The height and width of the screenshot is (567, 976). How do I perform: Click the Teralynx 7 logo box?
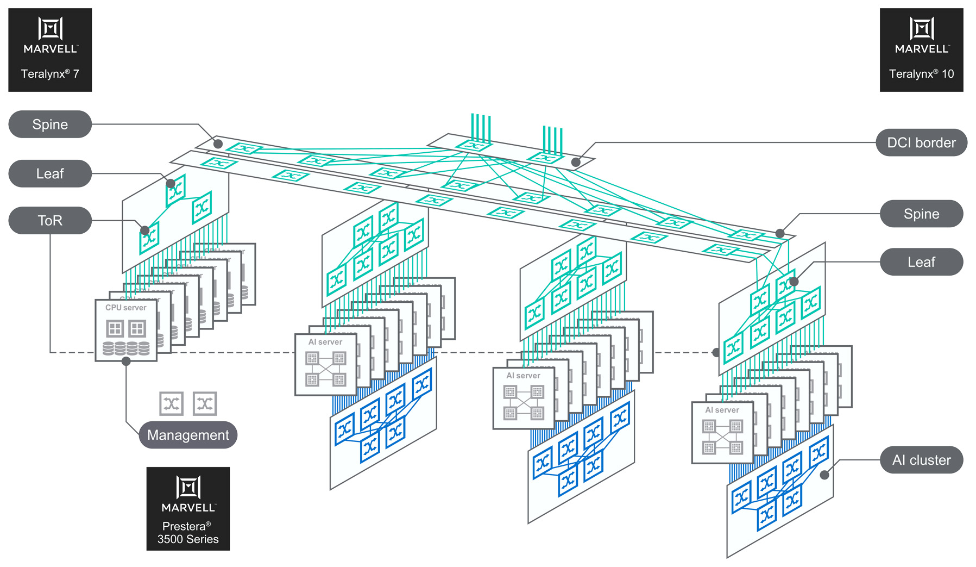(x=50, y=50)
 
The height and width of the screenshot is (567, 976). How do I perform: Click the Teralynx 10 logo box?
(x=921, y=50)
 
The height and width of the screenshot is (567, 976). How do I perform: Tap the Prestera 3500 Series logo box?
(x=188, y=509)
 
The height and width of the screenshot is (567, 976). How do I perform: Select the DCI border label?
(x=921, y=143)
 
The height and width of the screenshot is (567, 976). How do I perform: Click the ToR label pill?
(x=50, y=221)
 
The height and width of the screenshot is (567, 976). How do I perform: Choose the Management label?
(x=188, y=435)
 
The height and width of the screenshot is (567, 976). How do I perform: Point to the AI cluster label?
(x=921, y=460)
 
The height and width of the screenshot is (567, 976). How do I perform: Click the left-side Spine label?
(x=50, y=124)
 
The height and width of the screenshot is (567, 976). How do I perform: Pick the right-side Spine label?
(x=921, y=214)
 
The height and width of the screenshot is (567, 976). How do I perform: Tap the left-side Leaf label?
(x=50, y=174)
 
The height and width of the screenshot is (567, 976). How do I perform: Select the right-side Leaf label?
(x=921, y=262)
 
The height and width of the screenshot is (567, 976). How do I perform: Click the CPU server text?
(x=126, y=308)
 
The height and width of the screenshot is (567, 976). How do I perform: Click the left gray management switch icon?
(x=172, y=403)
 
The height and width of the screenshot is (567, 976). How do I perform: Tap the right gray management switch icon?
(x=205, y=403)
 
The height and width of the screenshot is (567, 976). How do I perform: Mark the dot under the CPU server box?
(x=126, y=362)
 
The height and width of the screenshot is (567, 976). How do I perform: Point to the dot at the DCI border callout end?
(x=576, y=162)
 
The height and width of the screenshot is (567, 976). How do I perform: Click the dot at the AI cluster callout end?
(x=824, y=475)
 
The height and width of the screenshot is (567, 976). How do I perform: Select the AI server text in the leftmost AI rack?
(x=325, y=342)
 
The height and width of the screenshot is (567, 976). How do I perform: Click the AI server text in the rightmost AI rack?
(x=722, y=410)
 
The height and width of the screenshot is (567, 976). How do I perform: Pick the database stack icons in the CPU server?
(x=126, y=348)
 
